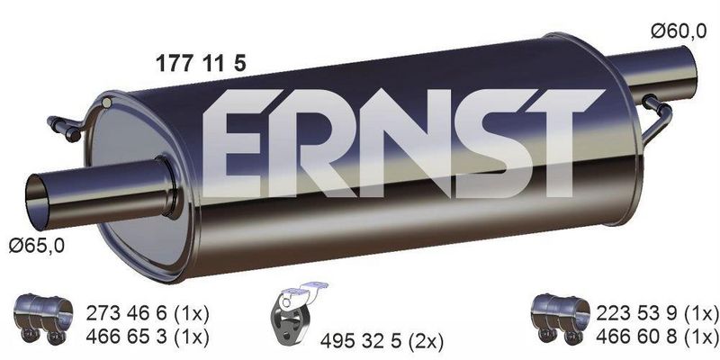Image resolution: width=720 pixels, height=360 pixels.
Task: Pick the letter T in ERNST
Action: (543, 148)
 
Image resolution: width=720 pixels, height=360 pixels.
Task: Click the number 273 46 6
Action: (124, 313)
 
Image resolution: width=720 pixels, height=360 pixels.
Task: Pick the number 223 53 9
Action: (635, 313)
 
